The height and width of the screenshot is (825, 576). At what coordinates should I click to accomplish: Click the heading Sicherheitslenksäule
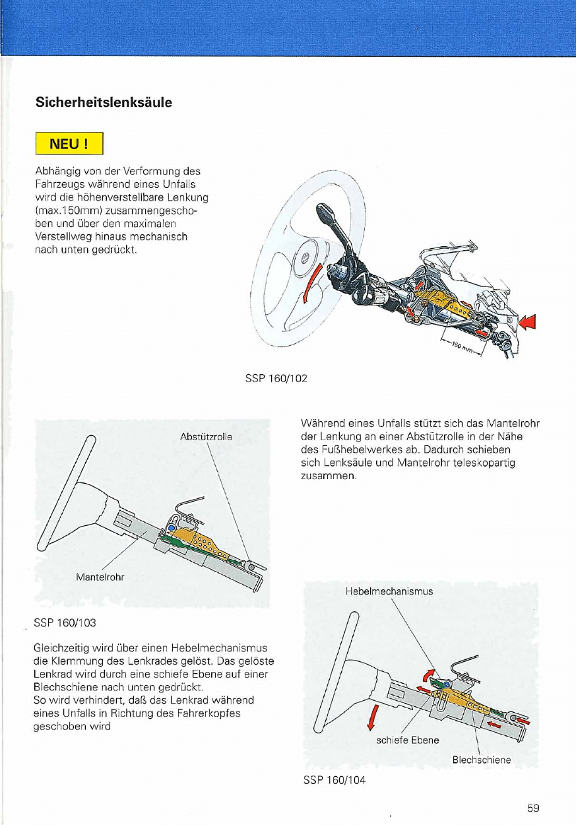point(104,103)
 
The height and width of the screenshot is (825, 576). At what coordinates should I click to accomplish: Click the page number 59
point(534,808)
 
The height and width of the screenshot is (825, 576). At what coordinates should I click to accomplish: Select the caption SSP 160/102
point(275,379)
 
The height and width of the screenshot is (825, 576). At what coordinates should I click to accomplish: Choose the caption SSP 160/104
point(334,780)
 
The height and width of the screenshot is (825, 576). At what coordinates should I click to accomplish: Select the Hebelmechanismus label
point(389,591)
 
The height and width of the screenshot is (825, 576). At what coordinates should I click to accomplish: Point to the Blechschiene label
point(481,760)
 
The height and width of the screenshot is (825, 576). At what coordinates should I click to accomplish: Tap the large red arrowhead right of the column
point(528,323)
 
